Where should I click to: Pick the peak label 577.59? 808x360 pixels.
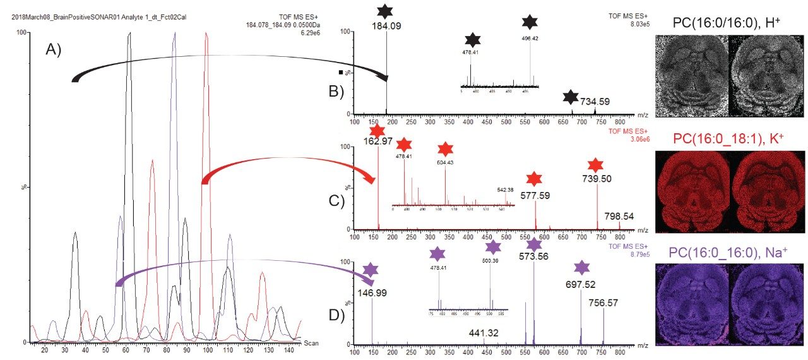click(535, 195)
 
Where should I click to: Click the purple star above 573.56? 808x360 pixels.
click(534, 244)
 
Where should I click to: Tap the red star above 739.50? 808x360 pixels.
click(595, 165)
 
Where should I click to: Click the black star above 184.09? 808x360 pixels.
click(385, 11)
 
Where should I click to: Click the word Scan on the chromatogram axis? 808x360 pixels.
click(311, 343)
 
